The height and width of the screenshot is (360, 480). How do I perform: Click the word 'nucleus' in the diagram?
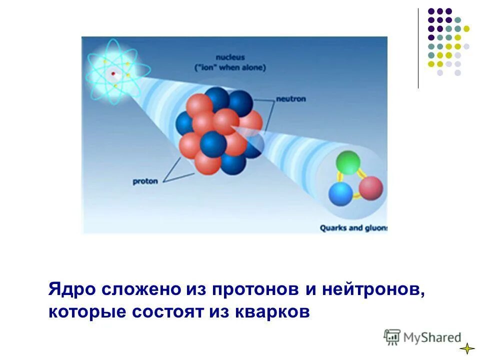230,57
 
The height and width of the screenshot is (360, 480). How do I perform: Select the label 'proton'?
145,181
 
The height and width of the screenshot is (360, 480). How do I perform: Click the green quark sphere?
348,162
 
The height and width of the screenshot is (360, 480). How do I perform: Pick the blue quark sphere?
341,194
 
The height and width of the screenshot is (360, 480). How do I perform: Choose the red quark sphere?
370,188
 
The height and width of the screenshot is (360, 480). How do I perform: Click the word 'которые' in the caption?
87,312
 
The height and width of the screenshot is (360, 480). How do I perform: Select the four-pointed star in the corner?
466,348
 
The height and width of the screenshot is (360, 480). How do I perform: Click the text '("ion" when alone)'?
230,67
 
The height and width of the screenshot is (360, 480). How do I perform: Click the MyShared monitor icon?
392,337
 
